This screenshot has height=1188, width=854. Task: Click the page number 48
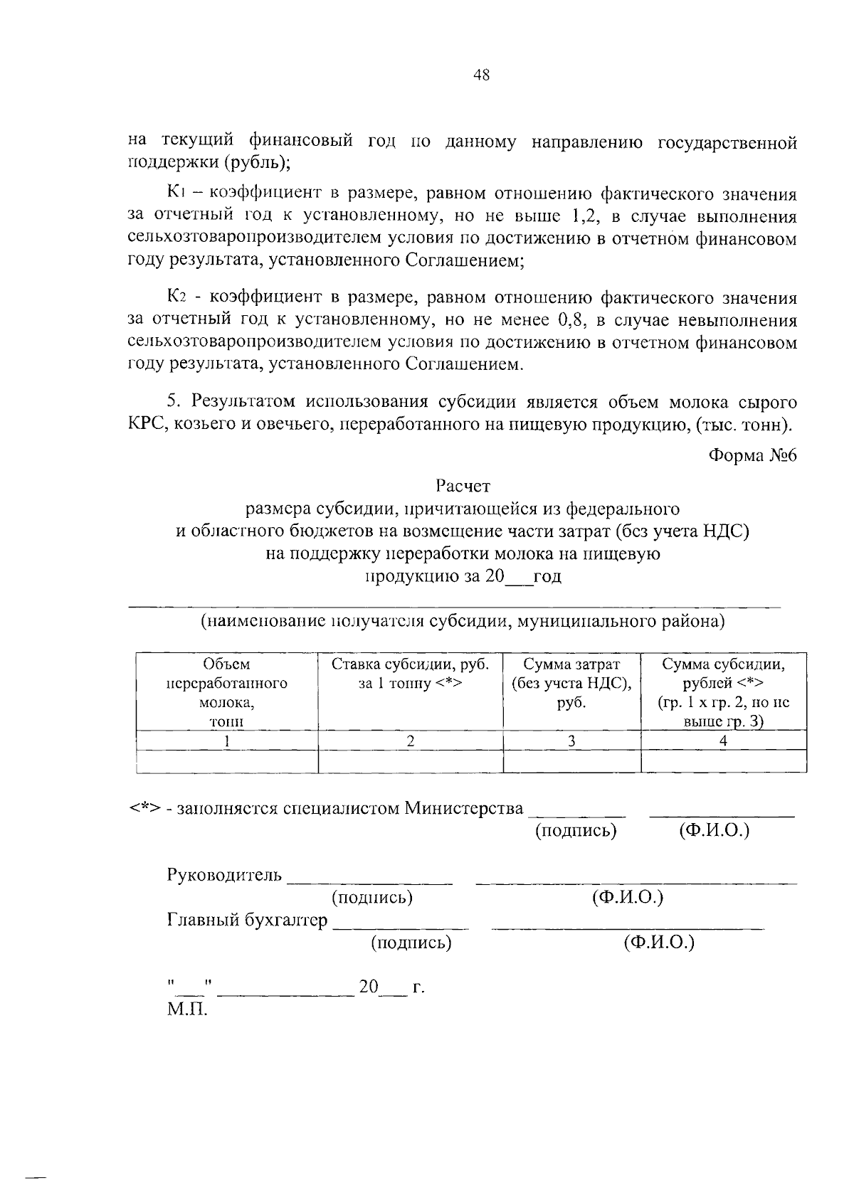click(x=481, y=75)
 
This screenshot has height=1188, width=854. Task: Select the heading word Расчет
click(x=463, y=487)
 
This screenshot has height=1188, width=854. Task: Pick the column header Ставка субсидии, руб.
click(x=410, y=674)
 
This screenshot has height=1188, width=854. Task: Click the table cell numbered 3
click(x=571, y=741)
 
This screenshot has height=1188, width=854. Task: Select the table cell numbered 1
click(x=226, y=741)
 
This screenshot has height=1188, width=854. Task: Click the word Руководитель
click(x=224, y=874)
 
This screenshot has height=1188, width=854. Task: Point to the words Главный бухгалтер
click(x=247, y=921)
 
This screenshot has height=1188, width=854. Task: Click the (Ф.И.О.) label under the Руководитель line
click(x=628, y=898)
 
